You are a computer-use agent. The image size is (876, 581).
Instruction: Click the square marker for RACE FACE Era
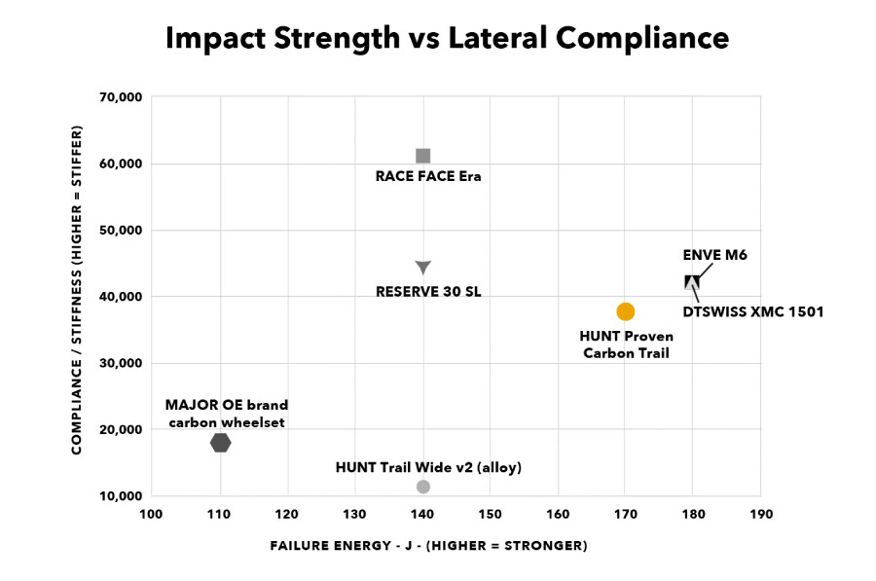[422, 156]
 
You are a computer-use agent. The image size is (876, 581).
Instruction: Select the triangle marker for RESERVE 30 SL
[422, 267]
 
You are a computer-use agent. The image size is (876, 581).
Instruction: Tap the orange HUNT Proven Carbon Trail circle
[625, 311]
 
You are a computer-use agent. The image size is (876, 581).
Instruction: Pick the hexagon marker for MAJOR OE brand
[220, 443]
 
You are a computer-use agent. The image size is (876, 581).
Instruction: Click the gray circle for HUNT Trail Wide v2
[422, 487]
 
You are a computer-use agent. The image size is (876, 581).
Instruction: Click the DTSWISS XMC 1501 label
[752, 312]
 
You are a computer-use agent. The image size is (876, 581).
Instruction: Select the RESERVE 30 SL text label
[428, 291]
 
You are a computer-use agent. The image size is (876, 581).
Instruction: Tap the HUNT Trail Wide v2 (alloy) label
[428, 467]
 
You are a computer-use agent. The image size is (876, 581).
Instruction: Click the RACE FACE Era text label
[428, 176]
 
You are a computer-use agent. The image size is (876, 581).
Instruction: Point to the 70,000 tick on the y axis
[122, 97]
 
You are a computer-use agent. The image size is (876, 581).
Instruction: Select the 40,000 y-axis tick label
[122, 297]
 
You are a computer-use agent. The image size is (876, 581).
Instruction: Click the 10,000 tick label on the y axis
[122, 496]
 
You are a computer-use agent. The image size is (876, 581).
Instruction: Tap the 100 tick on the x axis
[152, 513]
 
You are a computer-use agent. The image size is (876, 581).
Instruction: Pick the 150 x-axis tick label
[490, 513]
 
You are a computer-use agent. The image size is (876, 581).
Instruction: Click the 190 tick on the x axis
[760, 513]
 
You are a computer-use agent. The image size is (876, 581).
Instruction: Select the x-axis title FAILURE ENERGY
[428, 546]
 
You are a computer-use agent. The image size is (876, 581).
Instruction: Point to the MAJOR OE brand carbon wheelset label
[227, 414]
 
